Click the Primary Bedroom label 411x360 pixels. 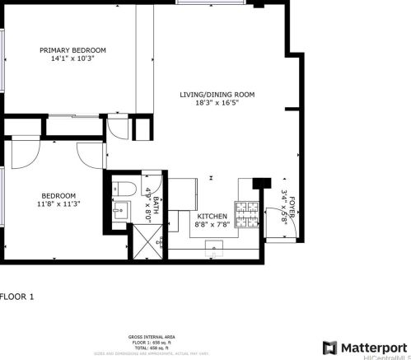point(73,50)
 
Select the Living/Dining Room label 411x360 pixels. point(217,95)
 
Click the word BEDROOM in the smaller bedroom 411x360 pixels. point(58,196)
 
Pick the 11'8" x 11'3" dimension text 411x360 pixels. point(58,206)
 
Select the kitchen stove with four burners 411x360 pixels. point(247,215)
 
